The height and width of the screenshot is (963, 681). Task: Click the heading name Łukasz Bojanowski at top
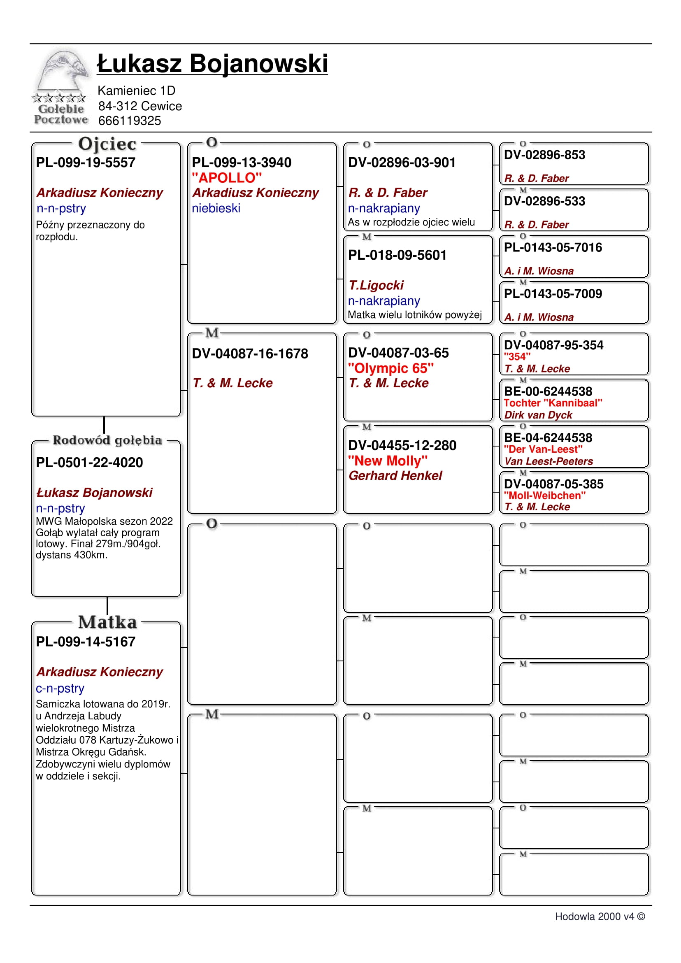click(212, 64)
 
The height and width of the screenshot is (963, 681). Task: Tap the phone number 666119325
click(130, 121)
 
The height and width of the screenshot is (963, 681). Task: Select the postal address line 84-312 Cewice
click(140, 106)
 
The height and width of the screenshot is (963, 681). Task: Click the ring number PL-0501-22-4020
click(89, 462)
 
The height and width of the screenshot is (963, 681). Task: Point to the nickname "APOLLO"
click(227, 178)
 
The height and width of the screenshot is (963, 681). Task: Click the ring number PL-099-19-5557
click(86, 162)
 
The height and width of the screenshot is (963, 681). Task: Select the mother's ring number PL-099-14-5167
click(86, 641)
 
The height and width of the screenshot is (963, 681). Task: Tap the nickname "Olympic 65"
click(391, 368)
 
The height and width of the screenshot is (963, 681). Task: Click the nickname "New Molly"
click(388, 461)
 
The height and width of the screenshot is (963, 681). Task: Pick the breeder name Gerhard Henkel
click(395, 476)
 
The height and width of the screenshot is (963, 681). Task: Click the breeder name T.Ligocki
click(376, 285)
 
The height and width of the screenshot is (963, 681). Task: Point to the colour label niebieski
click(216, 208)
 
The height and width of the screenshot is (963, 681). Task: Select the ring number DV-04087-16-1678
click(250, 354)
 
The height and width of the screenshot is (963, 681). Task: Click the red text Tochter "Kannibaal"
click(553, 403)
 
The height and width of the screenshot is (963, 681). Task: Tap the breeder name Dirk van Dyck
click(538, 415)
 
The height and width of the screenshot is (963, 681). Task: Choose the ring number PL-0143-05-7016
click(553, 247)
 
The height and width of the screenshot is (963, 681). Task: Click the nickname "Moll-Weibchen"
click(545, 495)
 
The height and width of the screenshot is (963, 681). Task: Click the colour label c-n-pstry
click(60, 688)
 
